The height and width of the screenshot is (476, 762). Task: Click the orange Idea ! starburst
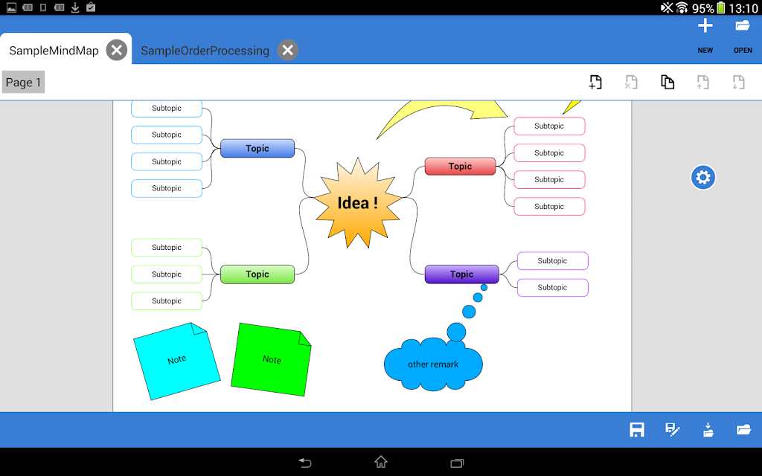coord(358,202)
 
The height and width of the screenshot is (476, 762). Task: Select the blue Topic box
coord(257,148)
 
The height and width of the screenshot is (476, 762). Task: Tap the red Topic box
coord(460,166)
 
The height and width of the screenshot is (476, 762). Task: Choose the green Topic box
coord(257,274)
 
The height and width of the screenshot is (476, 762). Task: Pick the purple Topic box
coord(461,274)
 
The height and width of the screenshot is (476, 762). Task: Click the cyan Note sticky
coord(177,361)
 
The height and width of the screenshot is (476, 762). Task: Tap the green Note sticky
coord(271,359)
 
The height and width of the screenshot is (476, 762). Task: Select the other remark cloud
coord(433,364)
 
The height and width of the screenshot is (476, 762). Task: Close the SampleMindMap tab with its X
coord(117,50)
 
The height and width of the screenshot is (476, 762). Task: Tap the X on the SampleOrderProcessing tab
coord(288,50)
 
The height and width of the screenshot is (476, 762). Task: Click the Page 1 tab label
coord(23,82)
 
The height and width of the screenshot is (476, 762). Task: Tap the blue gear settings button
coord(703,177)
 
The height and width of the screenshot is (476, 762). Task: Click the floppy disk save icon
coord(637,429)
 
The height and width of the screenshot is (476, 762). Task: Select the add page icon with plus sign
coord(595,82)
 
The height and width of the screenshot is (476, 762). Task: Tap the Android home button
coord(381,461)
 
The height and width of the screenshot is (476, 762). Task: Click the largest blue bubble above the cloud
coord(456,332)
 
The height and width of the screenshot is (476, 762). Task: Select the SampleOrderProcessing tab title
coord(205,51)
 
